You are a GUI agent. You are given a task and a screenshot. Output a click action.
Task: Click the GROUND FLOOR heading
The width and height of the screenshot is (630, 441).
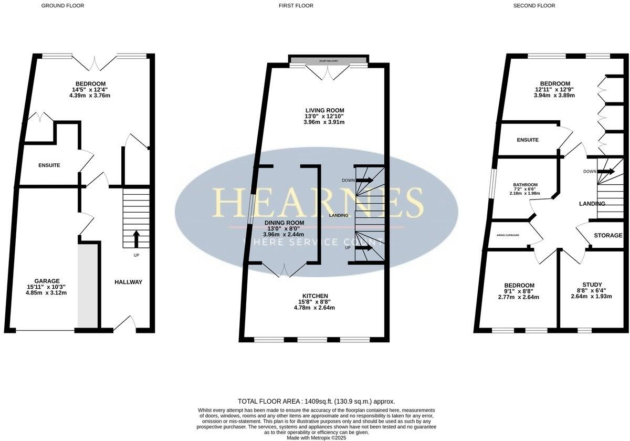[62, 6]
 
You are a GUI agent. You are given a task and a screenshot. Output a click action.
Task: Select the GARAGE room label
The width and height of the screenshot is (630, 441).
[47, 281]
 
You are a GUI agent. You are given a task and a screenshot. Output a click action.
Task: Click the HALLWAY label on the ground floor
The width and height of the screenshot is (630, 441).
[128, 282]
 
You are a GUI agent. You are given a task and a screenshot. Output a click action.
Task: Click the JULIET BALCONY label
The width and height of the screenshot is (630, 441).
[329, 61]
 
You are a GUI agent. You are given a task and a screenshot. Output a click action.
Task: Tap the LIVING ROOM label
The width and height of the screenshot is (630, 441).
[324, 110]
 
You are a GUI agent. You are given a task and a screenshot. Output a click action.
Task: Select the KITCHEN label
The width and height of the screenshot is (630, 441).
[315, 296]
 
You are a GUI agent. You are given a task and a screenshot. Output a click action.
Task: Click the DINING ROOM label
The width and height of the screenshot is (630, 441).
[283, 223]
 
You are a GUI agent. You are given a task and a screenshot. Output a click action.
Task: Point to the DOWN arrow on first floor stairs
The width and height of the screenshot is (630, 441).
[364, 180]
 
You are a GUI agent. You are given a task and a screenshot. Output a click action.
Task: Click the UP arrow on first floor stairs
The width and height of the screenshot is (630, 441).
[364, 248]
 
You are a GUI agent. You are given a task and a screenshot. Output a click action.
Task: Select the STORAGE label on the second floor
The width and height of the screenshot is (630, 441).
[608, 236]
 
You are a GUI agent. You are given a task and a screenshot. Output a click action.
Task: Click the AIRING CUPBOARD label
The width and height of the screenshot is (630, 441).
[508, 235]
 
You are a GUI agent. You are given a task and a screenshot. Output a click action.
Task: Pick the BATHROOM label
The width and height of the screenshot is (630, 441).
[525, 185]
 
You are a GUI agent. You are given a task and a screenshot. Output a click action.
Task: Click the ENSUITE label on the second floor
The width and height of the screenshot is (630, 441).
[528, 140]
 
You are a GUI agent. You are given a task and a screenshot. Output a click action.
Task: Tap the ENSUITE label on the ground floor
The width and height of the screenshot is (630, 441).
[49, 165]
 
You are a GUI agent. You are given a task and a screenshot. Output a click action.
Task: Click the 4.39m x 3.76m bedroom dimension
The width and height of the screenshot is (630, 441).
[91, 96]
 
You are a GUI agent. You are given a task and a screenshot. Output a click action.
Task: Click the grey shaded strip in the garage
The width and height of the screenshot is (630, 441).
[87, 286]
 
